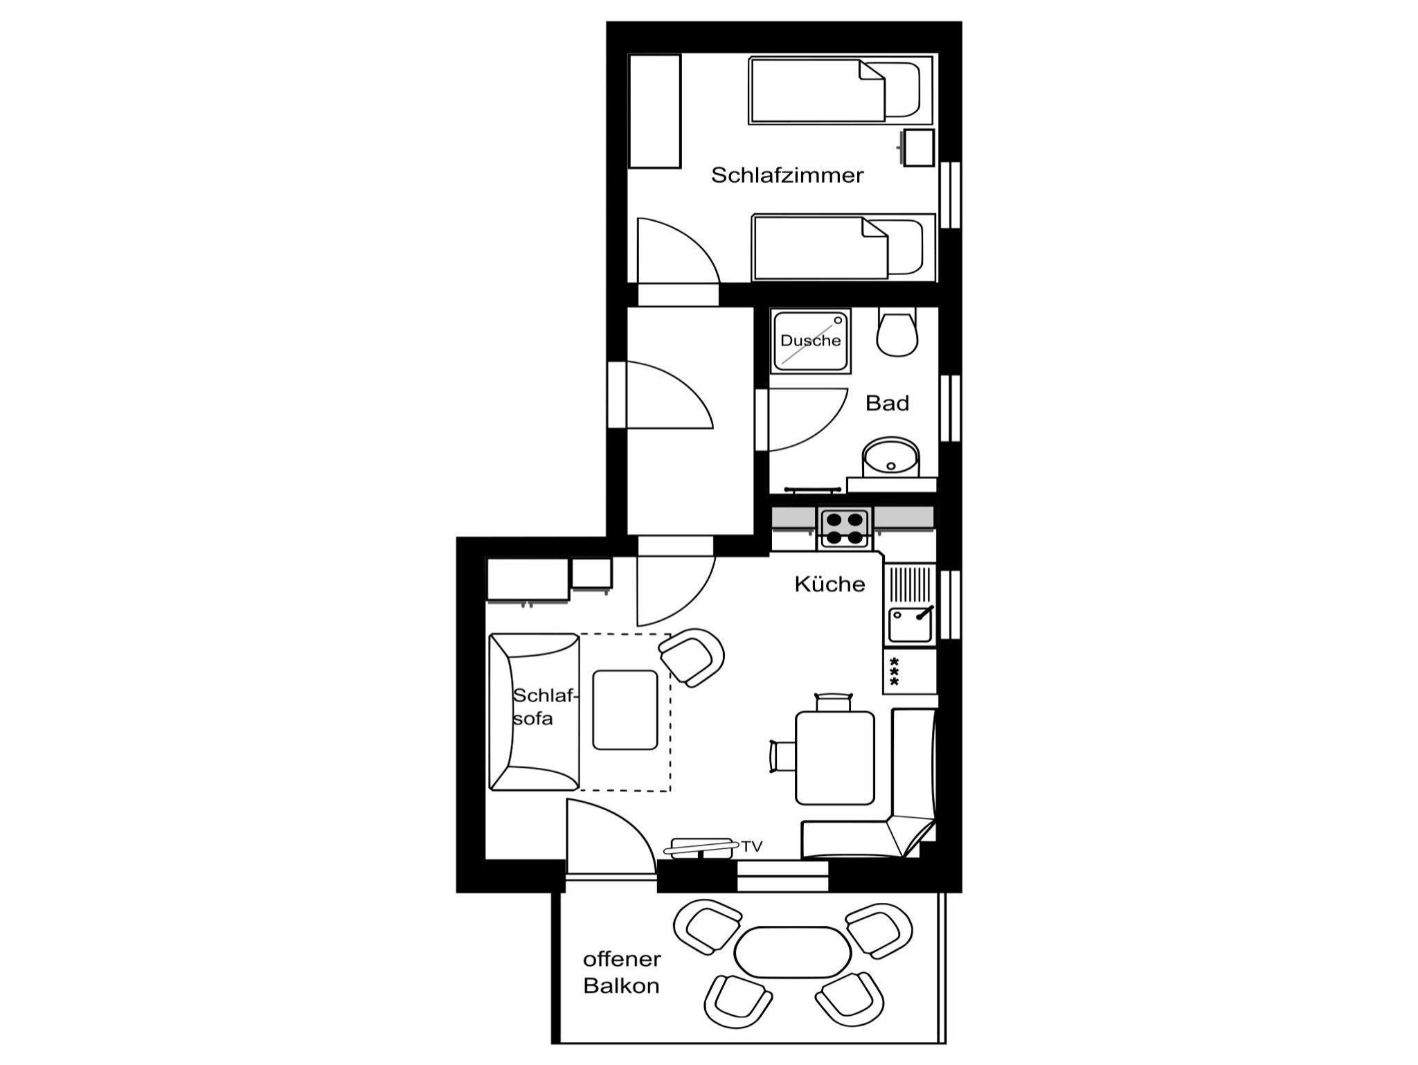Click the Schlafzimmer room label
point(787,175)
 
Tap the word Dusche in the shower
point(810,340)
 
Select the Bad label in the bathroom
point(887,403)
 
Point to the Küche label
point(829,584)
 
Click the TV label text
point(752,846)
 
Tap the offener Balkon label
point(622,972)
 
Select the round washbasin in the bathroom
point(890,457)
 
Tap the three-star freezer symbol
point(894,671)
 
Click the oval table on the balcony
point(792,951)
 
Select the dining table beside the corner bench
point(835,758)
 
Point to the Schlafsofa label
point(544,707)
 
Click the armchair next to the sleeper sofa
point(692,657)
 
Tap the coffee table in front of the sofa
point(625,710)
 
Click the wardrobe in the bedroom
point(654,111)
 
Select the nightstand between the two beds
point(918,147)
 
